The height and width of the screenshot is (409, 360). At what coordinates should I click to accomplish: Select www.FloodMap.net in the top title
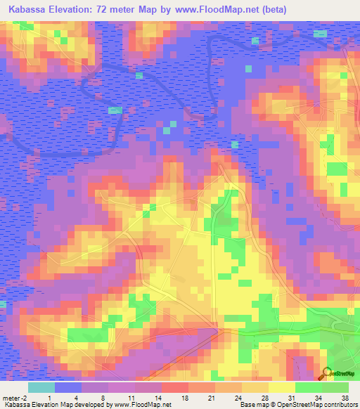(x=220, y=10)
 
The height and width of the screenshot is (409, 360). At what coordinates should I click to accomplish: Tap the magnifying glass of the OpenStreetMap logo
(x=326, y=372)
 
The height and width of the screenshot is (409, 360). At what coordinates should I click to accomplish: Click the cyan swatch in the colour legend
(x=41, y=388)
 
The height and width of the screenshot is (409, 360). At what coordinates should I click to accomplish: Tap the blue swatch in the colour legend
(x=67, y=388)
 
